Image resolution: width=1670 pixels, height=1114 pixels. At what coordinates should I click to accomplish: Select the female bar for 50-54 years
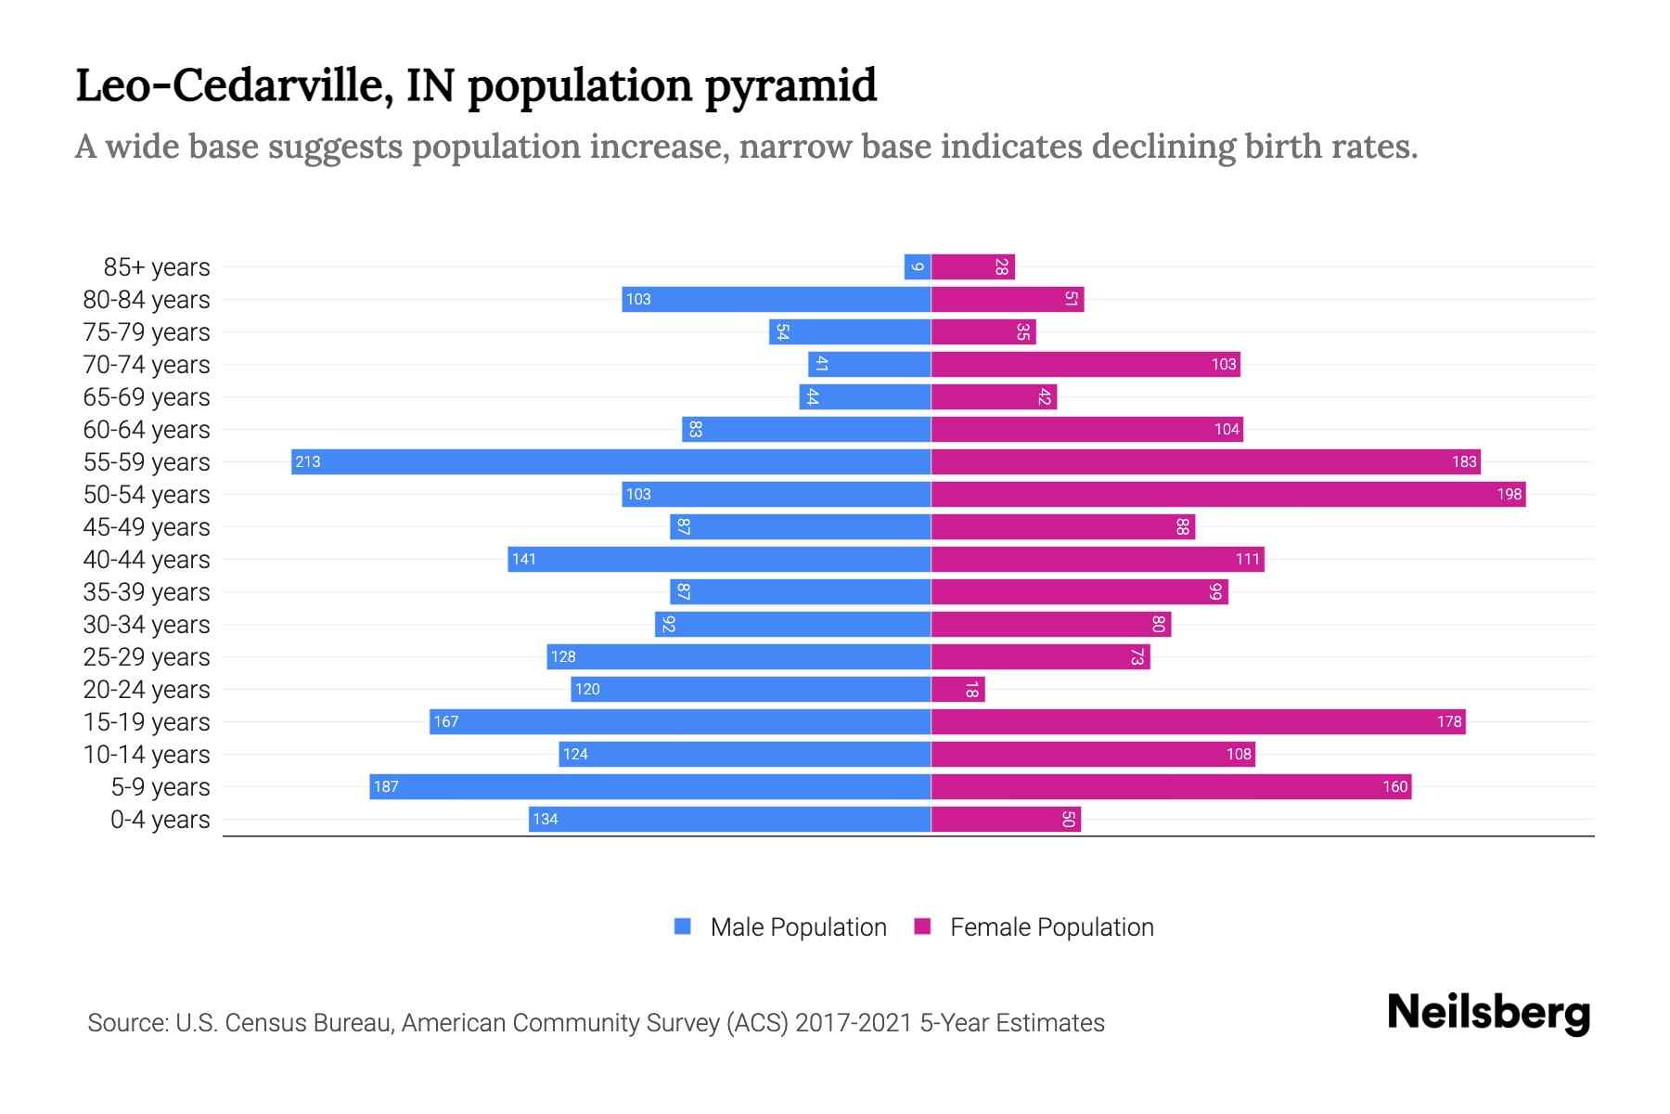tap(1227, 494)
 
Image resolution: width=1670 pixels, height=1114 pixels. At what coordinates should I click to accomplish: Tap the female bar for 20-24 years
tap(957, 689)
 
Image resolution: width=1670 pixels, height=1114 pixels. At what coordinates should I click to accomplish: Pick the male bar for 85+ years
tap(918, 266)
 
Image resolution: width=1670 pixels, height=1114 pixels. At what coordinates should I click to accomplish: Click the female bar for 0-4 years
tap(1006, 819)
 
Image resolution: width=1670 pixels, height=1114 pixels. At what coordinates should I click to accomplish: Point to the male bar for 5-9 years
tap(649, 786)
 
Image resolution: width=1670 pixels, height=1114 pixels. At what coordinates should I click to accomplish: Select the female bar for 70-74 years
tap(1085, 364)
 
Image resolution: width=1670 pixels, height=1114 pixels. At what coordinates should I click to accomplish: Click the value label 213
tap(308, 461)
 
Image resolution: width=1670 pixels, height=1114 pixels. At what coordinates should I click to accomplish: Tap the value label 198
tap(1509, 494)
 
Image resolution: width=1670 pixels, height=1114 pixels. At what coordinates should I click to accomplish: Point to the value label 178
tap(1448, 721)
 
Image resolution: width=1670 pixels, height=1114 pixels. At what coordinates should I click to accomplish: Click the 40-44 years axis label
tap(147, 560)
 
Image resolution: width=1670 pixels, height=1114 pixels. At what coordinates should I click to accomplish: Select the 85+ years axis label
tap(157, 267)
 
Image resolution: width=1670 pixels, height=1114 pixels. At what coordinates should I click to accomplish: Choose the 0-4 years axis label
tap(160, 820)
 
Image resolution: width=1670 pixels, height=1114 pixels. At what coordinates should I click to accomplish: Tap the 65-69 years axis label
tap(147, 397)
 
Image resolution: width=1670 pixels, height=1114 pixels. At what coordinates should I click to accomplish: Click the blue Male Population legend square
tap(683, 926)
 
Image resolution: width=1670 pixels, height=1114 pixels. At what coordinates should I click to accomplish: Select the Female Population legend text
tap(1051, 926)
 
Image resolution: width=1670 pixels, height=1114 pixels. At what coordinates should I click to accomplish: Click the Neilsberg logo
tap(1488, 1013)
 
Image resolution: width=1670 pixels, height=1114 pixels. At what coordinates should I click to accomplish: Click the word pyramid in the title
tap(790, 85)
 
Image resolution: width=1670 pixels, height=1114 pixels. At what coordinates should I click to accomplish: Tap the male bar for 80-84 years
tap(776, 299)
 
